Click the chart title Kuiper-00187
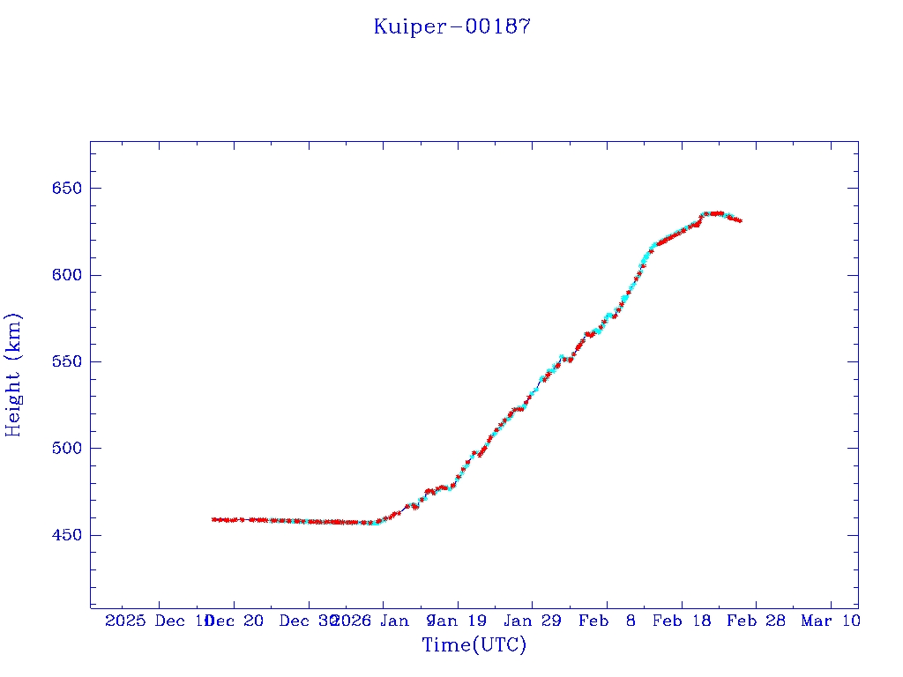(x=451, y=26)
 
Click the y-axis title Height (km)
(x=13, y=375)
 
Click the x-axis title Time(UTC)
(x=474, y=645)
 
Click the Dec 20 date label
(x=237, y=621)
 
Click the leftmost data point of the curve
(x=213, y=519)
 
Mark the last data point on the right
(x=740, y=220)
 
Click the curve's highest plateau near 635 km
(x=714, y=213)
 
